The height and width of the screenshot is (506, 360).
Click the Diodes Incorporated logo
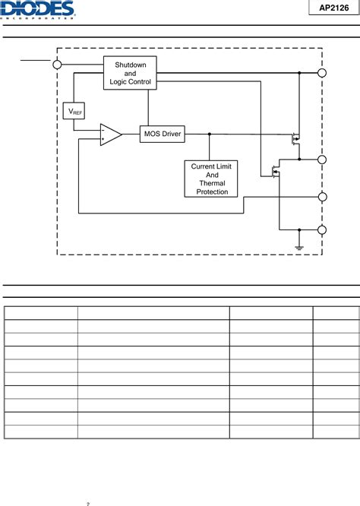pos(38,9)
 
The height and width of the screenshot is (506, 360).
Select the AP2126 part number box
pos(332,8)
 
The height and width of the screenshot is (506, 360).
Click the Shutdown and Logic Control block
pos(130,73)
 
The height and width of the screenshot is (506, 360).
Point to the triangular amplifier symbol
pos(110,134)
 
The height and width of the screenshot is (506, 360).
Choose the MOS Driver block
pos(163,134)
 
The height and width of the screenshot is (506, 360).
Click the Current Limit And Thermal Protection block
pos(212,179)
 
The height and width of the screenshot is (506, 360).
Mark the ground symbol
pos(299,246)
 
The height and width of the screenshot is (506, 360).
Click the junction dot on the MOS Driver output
pos(209,134)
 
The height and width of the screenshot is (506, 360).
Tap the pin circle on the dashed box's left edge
pos(58,65)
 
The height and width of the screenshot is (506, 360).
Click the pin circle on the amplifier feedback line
pos(322,197)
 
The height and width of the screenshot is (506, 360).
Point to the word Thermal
pos(212,183)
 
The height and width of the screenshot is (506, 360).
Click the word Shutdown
pos(130,65)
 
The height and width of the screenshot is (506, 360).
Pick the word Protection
pos(212,191)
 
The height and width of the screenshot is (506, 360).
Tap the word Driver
pos(171,134)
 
